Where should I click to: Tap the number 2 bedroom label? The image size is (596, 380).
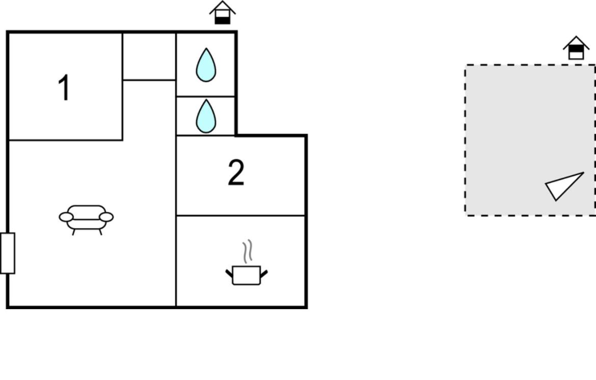236,173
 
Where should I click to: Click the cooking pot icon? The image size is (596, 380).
247,275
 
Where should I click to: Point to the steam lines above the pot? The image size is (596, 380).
248,251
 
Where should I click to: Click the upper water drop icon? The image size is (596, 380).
206,65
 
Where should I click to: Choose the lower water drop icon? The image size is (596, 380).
206,116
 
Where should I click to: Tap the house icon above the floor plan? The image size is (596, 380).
223,13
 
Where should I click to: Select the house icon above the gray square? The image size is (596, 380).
576,48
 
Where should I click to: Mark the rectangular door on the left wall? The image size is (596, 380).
8,253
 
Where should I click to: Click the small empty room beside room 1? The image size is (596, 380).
149,56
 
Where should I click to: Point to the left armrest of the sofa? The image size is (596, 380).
66,217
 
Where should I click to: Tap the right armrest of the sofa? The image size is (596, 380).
106,217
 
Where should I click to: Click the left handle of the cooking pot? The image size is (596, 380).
229,273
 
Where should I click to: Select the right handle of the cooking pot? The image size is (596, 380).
264,273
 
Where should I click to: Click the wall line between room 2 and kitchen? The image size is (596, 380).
240,215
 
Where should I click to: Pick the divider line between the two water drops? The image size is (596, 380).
205,96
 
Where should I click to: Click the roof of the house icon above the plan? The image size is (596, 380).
223,8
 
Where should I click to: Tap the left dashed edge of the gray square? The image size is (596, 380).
465,140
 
